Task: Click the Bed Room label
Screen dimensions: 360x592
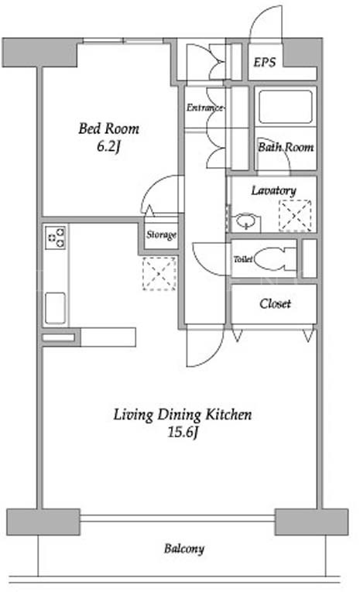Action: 109,128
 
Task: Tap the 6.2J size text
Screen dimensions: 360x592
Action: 108,146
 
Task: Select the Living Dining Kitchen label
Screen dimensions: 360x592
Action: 183,415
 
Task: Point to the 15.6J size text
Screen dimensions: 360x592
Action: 183,432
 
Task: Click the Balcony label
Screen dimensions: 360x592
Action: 184,549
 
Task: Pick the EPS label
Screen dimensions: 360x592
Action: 265,62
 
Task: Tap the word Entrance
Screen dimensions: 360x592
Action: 204,108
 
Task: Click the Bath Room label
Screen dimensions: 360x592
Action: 286,146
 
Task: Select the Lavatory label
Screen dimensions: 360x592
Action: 273,190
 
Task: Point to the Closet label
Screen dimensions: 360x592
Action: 275,303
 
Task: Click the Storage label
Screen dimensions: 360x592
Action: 161,234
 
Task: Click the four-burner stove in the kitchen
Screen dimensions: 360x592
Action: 56,238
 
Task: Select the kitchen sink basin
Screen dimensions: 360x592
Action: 55,308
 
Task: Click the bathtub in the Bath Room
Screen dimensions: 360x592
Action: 286,107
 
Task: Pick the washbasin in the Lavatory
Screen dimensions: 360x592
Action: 245,220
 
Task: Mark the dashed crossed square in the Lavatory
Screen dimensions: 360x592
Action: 295,216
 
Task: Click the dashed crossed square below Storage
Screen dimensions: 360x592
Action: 159,274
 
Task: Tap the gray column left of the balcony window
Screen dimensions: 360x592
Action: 43,522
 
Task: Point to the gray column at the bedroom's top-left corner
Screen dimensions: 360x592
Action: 39,52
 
